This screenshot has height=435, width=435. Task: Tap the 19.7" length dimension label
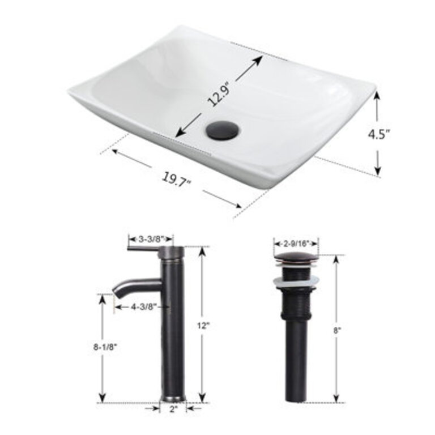pos(177,180)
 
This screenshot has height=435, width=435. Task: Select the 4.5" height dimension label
pos(379,135)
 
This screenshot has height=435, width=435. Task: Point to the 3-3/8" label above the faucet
pos(150,238)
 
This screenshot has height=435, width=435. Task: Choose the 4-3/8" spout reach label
pos(142,306)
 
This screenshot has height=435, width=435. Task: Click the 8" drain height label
pos(339,329)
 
